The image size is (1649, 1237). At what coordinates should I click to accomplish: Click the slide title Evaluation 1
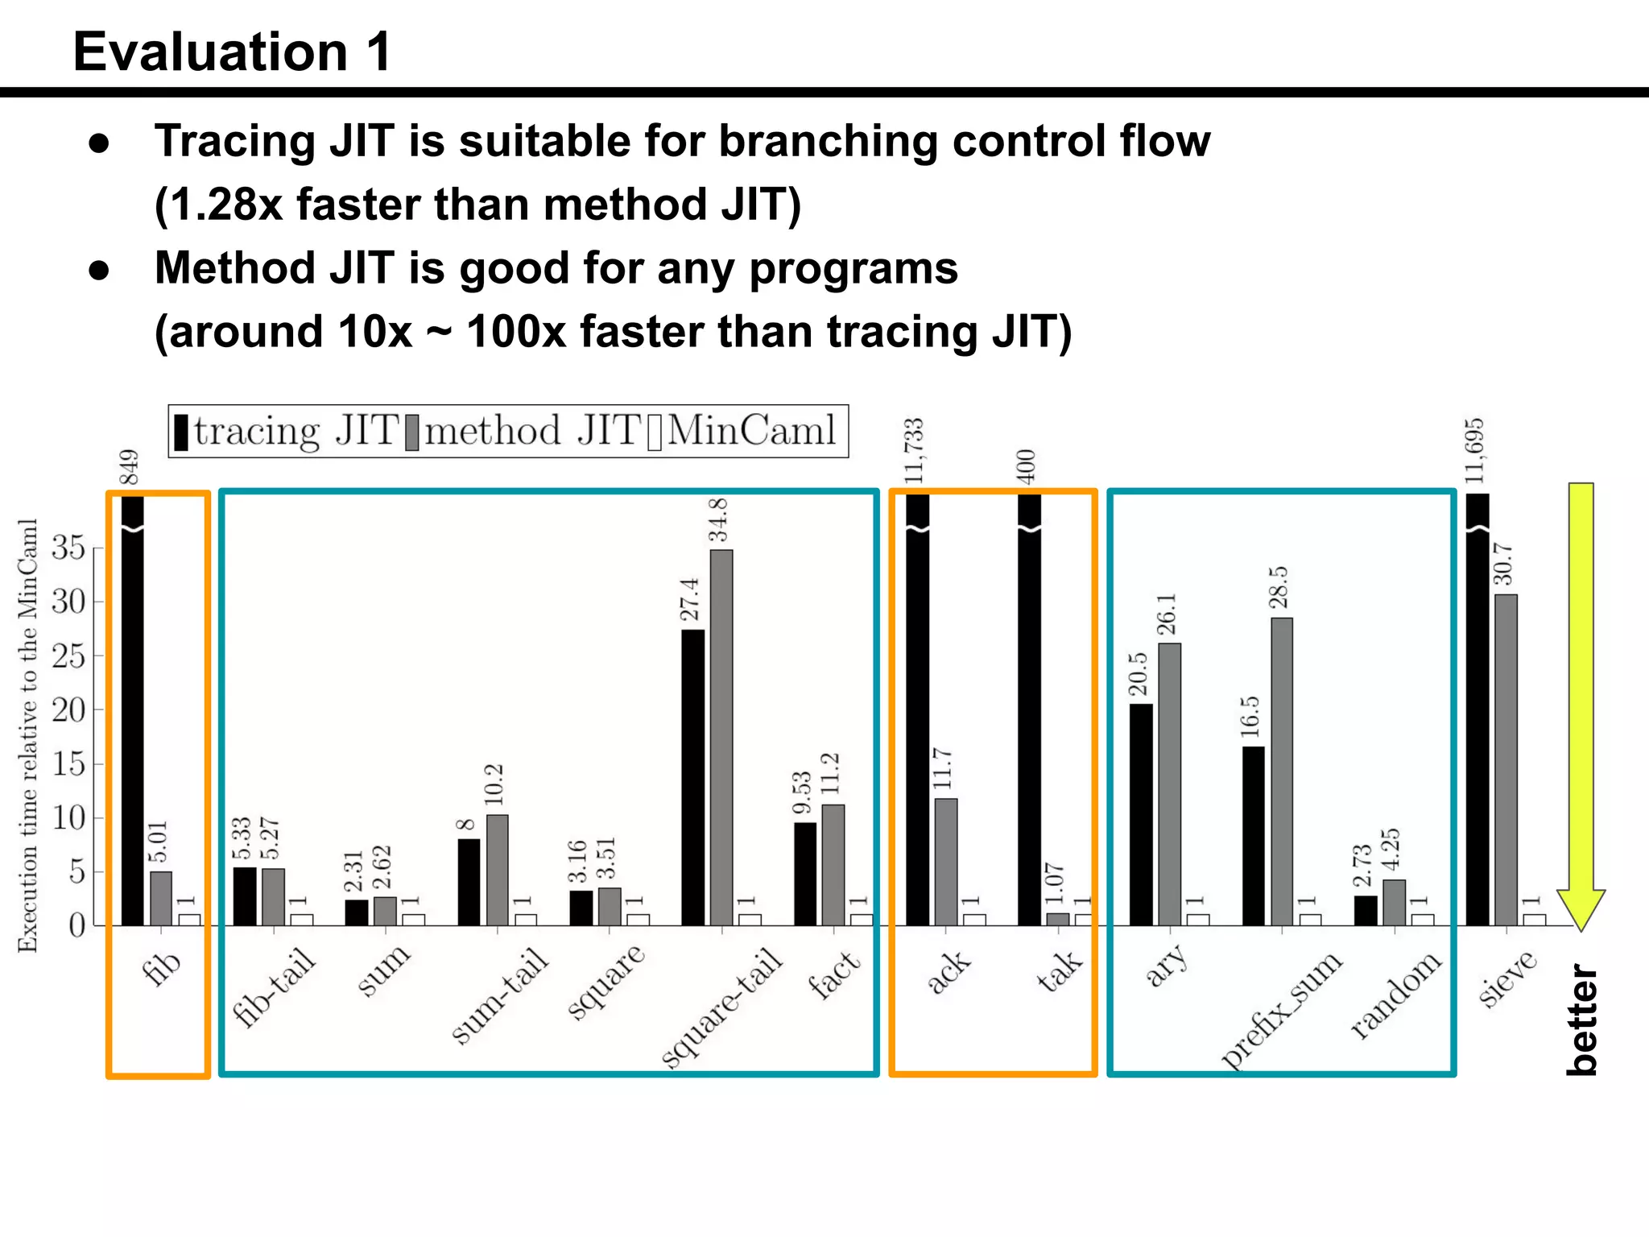pyautogui.click(x=232, y=52)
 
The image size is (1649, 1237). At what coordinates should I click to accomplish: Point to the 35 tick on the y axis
pyautogui.click(x=68, y=548)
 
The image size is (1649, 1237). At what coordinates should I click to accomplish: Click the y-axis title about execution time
pyautogui.click(x=28, y=734)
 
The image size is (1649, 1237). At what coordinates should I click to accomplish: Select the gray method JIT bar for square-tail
pyautogui.click(x=721, y=737)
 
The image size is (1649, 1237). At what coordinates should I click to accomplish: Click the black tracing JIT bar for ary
pyautogui.click(x=1141, y=813)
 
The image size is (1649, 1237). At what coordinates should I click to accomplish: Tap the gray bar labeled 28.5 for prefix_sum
pyautogui.click(x=1282, y=771)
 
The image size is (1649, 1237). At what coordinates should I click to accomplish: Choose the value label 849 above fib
pyautogui.click(x=129, y=467)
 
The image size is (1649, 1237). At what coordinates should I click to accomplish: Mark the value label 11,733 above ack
pyautogui.click(x=914, y=451)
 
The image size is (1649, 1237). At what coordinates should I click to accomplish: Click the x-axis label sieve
pyautogui.click(x=1507, y=978)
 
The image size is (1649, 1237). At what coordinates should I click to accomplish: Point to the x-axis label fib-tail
pyautogui.click(x=274, y=987)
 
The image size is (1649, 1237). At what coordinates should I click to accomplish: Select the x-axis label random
pyautogui.click(x=1395, y=995)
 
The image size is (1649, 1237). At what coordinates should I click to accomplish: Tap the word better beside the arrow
pyautogui.click(x=1582, y=1019)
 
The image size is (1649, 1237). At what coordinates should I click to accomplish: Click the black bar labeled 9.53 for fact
pyautogui.click(x=805, y=874)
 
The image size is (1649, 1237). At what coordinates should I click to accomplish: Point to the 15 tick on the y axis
pyautogui.click(x=68, y=763)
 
